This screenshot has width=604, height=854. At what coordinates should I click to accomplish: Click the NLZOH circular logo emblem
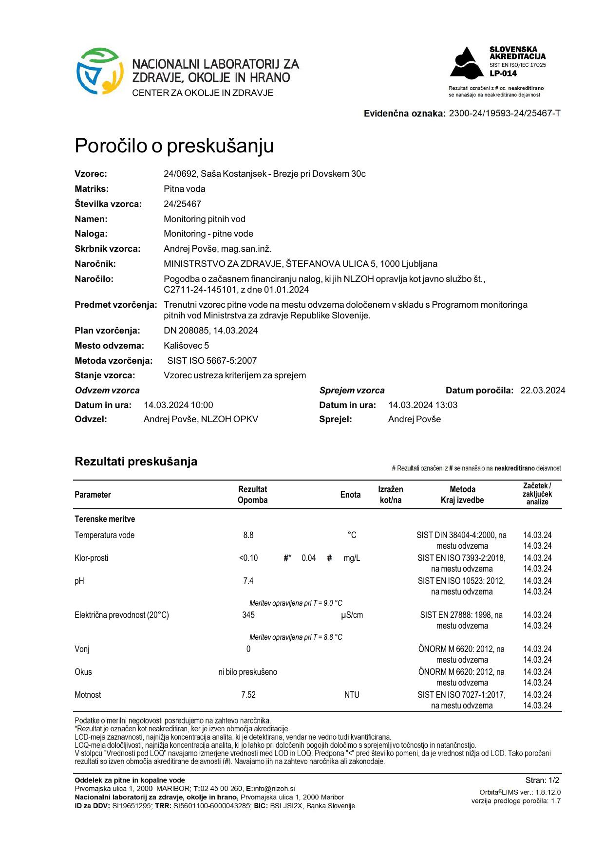coord(99,71)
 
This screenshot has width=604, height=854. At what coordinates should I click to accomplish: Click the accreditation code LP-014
coord(503,74)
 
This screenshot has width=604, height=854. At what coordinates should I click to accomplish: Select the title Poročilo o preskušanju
coord(174,146)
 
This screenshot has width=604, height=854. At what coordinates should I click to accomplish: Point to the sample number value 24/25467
coord(182,204)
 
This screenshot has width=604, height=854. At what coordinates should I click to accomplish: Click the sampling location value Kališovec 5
coord(186,346)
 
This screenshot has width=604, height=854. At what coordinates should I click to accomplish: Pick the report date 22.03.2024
coord(543,390)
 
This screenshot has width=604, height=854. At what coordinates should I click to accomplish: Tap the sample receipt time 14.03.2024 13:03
coord(423,405)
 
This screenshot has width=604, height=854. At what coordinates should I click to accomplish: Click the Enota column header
coord(350,495)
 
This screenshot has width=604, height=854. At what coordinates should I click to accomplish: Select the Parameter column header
coord(93,495)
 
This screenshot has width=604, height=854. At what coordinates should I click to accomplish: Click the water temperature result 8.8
coord(248,535)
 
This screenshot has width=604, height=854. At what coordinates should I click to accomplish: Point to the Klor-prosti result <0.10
coord(248,558)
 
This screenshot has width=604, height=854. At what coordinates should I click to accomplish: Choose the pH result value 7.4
coord(248,581)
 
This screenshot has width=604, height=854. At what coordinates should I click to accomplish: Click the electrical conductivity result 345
coord(248,615)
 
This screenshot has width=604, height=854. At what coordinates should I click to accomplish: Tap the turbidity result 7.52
coord(248,695)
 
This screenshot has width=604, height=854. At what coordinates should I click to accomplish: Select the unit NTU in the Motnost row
coord(352,695)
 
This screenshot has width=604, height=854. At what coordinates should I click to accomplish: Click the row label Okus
coord(83,672)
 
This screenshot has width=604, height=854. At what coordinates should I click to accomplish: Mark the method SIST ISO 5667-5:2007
coord(212,361)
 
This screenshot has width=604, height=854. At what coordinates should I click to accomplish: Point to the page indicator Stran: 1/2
coord(542,780)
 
